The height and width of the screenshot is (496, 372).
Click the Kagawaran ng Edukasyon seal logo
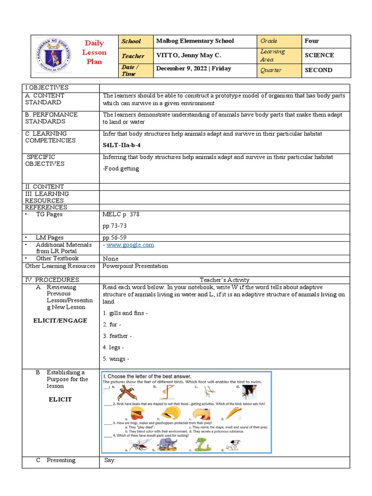pos(53,56)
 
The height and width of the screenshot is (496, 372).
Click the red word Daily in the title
pos(94,44)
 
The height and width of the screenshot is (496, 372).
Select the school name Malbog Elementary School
pos(195,41)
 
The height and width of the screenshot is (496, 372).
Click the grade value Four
pos(311,41)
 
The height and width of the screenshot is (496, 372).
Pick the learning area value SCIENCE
pos(319,55)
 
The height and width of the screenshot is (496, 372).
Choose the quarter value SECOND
pos(318,70)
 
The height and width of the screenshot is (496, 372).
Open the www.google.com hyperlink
pos(130,245)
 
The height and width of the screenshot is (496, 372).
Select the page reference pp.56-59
pos(114,238)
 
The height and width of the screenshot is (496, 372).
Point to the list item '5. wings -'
pos(116,359)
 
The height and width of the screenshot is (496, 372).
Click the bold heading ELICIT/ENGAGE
pos(60,321)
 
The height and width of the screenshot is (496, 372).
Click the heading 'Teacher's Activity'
pos(224,280)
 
